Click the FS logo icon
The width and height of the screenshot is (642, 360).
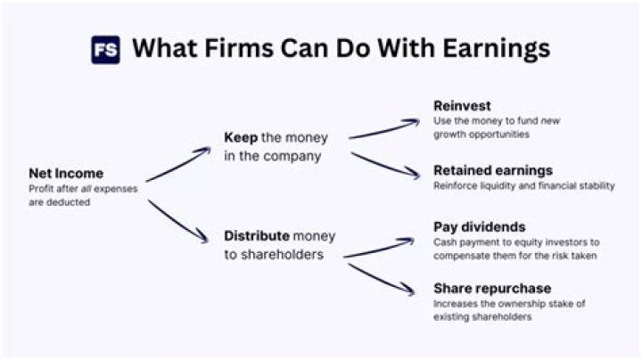105,48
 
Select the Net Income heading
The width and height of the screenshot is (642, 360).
65,173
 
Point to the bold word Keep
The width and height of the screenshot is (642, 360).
241,138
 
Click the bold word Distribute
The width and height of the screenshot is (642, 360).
257,236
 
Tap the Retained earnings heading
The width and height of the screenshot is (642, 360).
493,169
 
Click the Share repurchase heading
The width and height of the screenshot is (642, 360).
492,288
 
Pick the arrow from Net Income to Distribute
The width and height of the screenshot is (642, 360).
178,221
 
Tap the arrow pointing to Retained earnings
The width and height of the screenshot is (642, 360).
383,165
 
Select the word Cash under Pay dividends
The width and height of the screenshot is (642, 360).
446,241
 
